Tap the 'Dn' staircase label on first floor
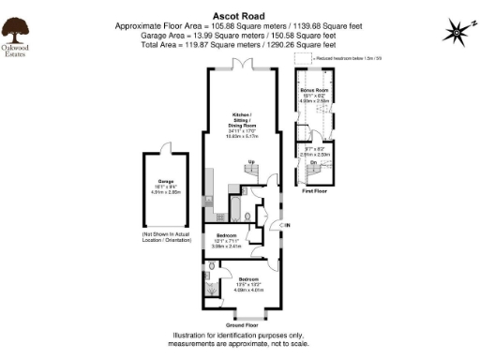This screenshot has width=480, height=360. click(x=313, y=162)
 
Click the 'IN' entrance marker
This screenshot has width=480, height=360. click(x=287, y=226)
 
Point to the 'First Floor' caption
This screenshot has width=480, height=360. click(x=314, y=190)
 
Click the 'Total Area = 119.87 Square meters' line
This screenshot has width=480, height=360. click(x=240, y=43)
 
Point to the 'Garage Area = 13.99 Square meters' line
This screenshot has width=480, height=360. click(x=240, y=36)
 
